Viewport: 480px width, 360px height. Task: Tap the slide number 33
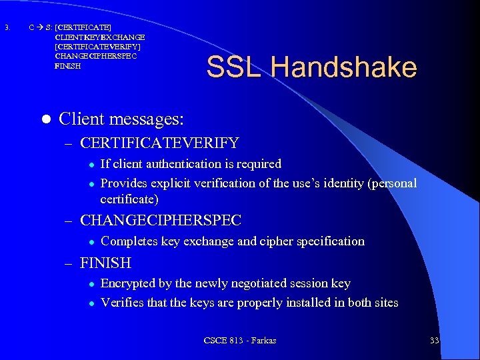[435, 341]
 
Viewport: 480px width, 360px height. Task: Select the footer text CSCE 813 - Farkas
[240, 341]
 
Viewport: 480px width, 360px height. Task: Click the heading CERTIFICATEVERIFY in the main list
[159, 143]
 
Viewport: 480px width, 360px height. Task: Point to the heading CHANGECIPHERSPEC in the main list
[160, 220]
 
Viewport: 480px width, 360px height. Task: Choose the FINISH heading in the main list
[105, 263]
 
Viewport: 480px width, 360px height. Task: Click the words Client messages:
[121, 119]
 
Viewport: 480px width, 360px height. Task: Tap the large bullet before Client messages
[46, 119]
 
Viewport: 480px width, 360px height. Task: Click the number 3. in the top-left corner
[7, 27]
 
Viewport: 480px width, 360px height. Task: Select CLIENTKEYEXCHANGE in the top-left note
[100, 37]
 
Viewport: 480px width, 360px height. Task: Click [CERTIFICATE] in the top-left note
[83, 27]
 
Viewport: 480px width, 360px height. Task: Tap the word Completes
[130, 241]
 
